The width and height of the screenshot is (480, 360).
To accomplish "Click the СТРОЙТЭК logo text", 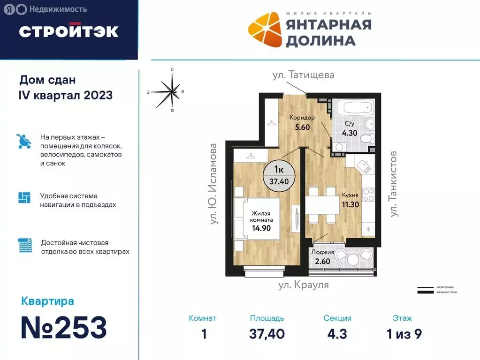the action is pos(69,31).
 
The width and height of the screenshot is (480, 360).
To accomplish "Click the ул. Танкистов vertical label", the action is pos(394,183).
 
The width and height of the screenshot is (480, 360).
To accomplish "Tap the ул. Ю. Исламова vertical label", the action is pos(214,183).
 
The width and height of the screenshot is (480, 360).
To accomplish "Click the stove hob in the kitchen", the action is pos(368,193).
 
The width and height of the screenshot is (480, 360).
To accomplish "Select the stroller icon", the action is pos(23,141).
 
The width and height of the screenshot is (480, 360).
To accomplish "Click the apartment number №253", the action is pos(64,328).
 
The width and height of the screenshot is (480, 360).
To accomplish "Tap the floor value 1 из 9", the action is pos(402,333).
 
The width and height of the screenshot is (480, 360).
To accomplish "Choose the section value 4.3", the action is pos(337,333).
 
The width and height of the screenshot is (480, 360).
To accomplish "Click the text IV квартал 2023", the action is pos(65,95).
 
